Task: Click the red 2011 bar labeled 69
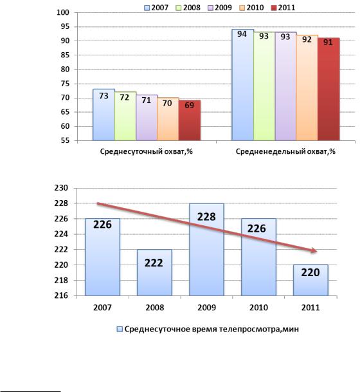[190, 120]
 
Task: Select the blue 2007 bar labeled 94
[242, 85]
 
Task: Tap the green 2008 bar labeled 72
[125, 116]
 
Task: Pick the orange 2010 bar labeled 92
[307, 88]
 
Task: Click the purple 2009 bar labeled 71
[147, 118]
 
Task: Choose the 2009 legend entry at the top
[220, 8]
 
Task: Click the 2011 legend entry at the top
[283, 8]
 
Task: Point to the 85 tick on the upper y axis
[65, 55]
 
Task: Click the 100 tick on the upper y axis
[63, 12]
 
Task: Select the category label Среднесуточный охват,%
[147, 151]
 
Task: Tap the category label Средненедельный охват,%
[285, 151]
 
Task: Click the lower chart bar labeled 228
[206, 250]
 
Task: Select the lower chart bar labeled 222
[154, 272]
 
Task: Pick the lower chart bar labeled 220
[310, 280]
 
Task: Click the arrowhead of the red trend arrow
[314, 251]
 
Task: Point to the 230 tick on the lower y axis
[61, 188]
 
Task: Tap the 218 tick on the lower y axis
[61, 280]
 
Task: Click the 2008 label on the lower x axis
[155, 308]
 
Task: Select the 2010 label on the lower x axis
[258, 308]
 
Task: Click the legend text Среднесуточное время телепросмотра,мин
[212, 330]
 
